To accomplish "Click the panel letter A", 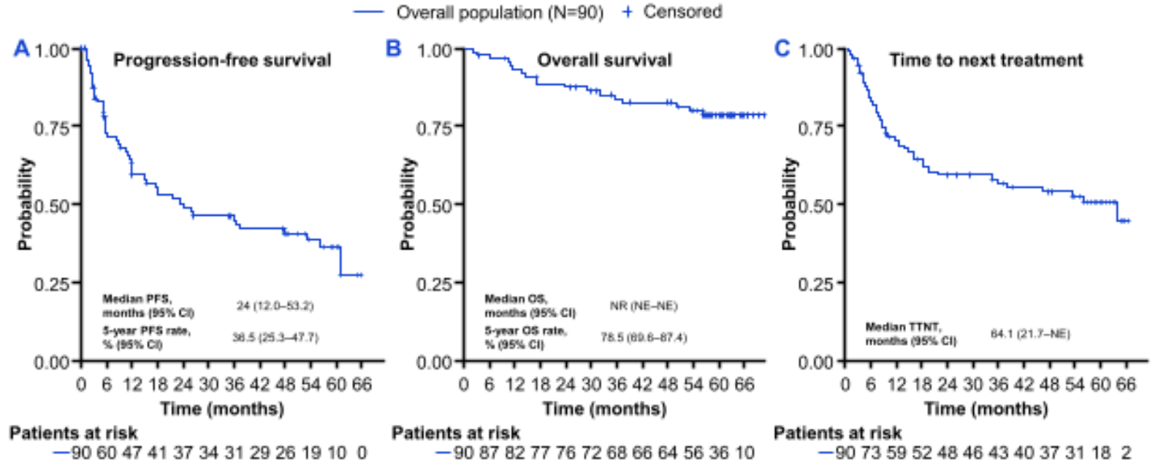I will point(22,49).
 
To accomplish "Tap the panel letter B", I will point(394,49).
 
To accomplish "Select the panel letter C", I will point(782,49).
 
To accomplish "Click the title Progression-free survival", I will point(222,60).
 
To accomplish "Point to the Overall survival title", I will point(604,60).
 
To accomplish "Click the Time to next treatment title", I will point(986,60).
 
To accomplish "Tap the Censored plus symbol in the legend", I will point(627,12).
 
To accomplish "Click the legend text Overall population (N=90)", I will point(500,12).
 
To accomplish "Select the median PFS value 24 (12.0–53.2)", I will point(275,306).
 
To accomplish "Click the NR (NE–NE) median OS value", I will point(644,306).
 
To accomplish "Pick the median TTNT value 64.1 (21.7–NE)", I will point(1030,334).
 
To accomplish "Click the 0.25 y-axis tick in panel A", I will point(52,284).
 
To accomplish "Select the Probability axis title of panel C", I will point(789,205).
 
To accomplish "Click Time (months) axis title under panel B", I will point(604,409).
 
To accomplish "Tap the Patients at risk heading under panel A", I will point(73,434).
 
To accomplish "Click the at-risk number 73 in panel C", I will point(871,453).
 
